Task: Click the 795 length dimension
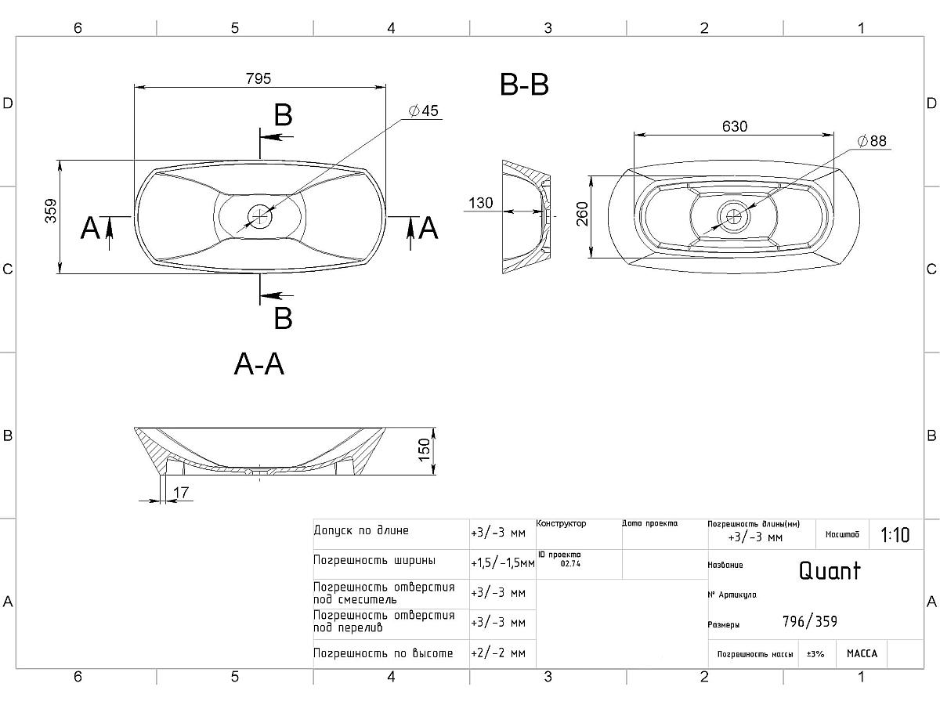click(x=258, y=78)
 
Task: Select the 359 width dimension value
click(x=51, y=211)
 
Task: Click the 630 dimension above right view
click(x=734, y=126)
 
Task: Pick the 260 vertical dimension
click(x=582, y=214)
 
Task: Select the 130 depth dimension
click(x=480, y=203)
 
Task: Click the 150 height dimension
click(x=425, y=450)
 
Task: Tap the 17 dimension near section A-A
click(x=181, y=492)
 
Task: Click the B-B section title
click(x=524, y=85)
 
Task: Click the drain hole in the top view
click(x=259, y=214)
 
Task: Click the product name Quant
click(x=829, y=570)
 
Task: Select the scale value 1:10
click(x=895, y=535)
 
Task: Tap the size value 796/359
click(x=809, y=622)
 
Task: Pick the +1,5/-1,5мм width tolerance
click(x=502, y=562)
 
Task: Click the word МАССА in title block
click(x=862, y=654)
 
